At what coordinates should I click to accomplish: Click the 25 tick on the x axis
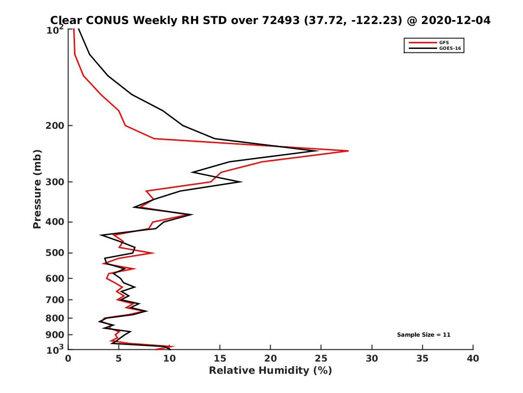tap(321, 359)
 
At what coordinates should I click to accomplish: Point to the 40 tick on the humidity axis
tap(473, 359)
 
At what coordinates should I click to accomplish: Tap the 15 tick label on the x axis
tap(220, 359)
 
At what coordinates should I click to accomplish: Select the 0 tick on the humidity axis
tap(68, 359)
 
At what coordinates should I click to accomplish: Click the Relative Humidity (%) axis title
tap(270, 371)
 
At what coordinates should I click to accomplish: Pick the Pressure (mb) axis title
tap(37, 189)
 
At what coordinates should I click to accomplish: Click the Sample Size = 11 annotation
tap(424, 335)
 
